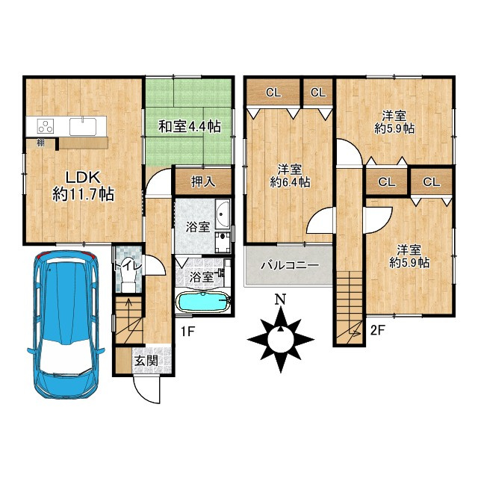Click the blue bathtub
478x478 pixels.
pyautogui.click(x=203, y=302)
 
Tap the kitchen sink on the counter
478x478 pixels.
pyautogui.click(x=83, y=126)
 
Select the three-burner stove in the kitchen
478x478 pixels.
pyautogui.click(x=46, y=126)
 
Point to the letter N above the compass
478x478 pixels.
pyautogui.click(x=281, y=299)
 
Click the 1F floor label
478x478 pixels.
pyautogui.click(x=187, y=332)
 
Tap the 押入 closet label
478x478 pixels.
pyautogui.click(x=203, y=181)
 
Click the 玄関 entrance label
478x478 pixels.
pyautogui.click(x=146, y=361)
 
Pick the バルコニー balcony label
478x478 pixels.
pyautogui.click(x=290, y=265)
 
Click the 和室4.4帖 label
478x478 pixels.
pyautogui.click(x=190, y=126)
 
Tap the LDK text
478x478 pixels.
pyautogui.click(x=83, y=178)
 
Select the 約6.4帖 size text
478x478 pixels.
pyautogui.click(x=291, y=182)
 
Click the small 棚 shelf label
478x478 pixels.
pyautogui.click(x=40, y=143)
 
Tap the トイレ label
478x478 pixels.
pyautogui.click(x=128, y=266)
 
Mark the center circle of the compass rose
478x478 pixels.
pyautogui.click(x=281, y=339)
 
